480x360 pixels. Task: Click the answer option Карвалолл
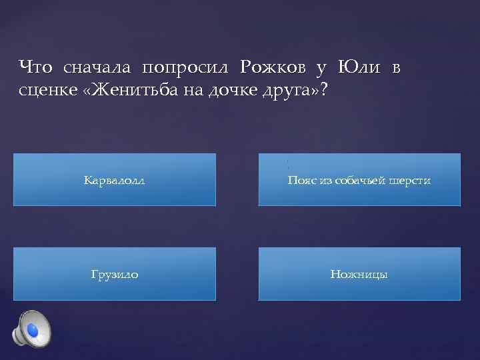click(x=115, y=180)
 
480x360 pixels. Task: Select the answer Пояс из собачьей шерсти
click(x=359, y=180)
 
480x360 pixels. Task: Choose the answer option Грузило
click(x=115, y=274)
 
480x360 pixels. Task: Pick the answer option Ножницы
click(x=359, y=274)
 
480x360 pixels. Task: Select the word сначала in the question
click(x=97, y=67)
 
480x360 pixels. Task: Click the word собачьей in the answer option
click(x=358, y=180)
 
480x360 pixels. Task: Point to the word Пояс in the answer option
click(x=301, y=180)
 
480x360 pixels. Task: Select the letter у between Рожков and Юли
click(x=321, y=67)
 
